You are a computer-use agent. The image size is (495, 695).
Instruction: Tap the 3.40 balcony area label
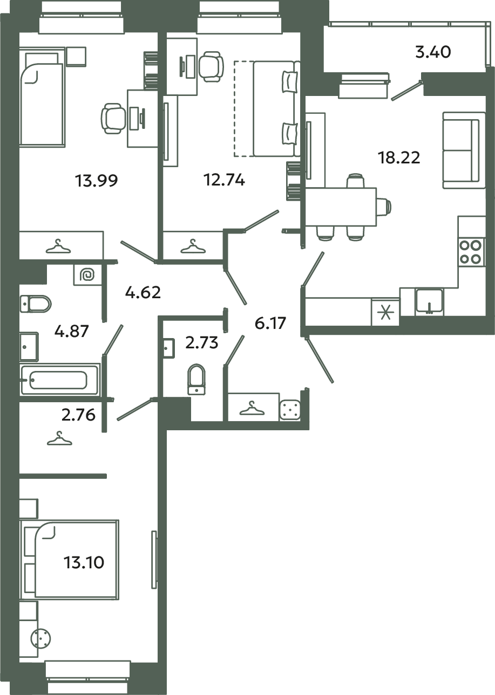[x=432, y=52]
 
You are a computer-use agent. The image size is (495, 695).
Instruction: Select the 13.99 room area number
[x=97, y=181]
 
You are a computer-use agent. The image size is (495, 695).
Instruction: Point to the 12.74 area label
[x=223, y=181]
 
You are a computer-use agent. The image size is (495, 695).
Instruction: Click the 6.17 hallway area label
[x=269, y=324]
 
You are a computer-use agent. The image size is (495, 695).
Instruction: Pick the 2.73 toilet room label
[x=201, y=342]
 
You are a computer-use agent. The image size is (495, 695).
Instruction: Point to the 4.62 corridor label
[x=143, y=294]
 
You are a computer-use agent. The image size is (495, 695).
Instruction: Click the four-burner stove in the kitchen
[x=470, y=252]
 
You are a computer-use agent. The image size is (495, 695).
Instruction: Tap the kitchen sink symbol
[x=429, y=301]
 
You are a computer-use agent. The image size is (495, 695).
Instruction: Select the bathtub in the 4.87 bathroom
[x=59, y=380]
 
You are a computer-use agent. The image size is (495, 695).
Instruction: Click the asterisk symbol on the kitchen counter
[x=385, y=313]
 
